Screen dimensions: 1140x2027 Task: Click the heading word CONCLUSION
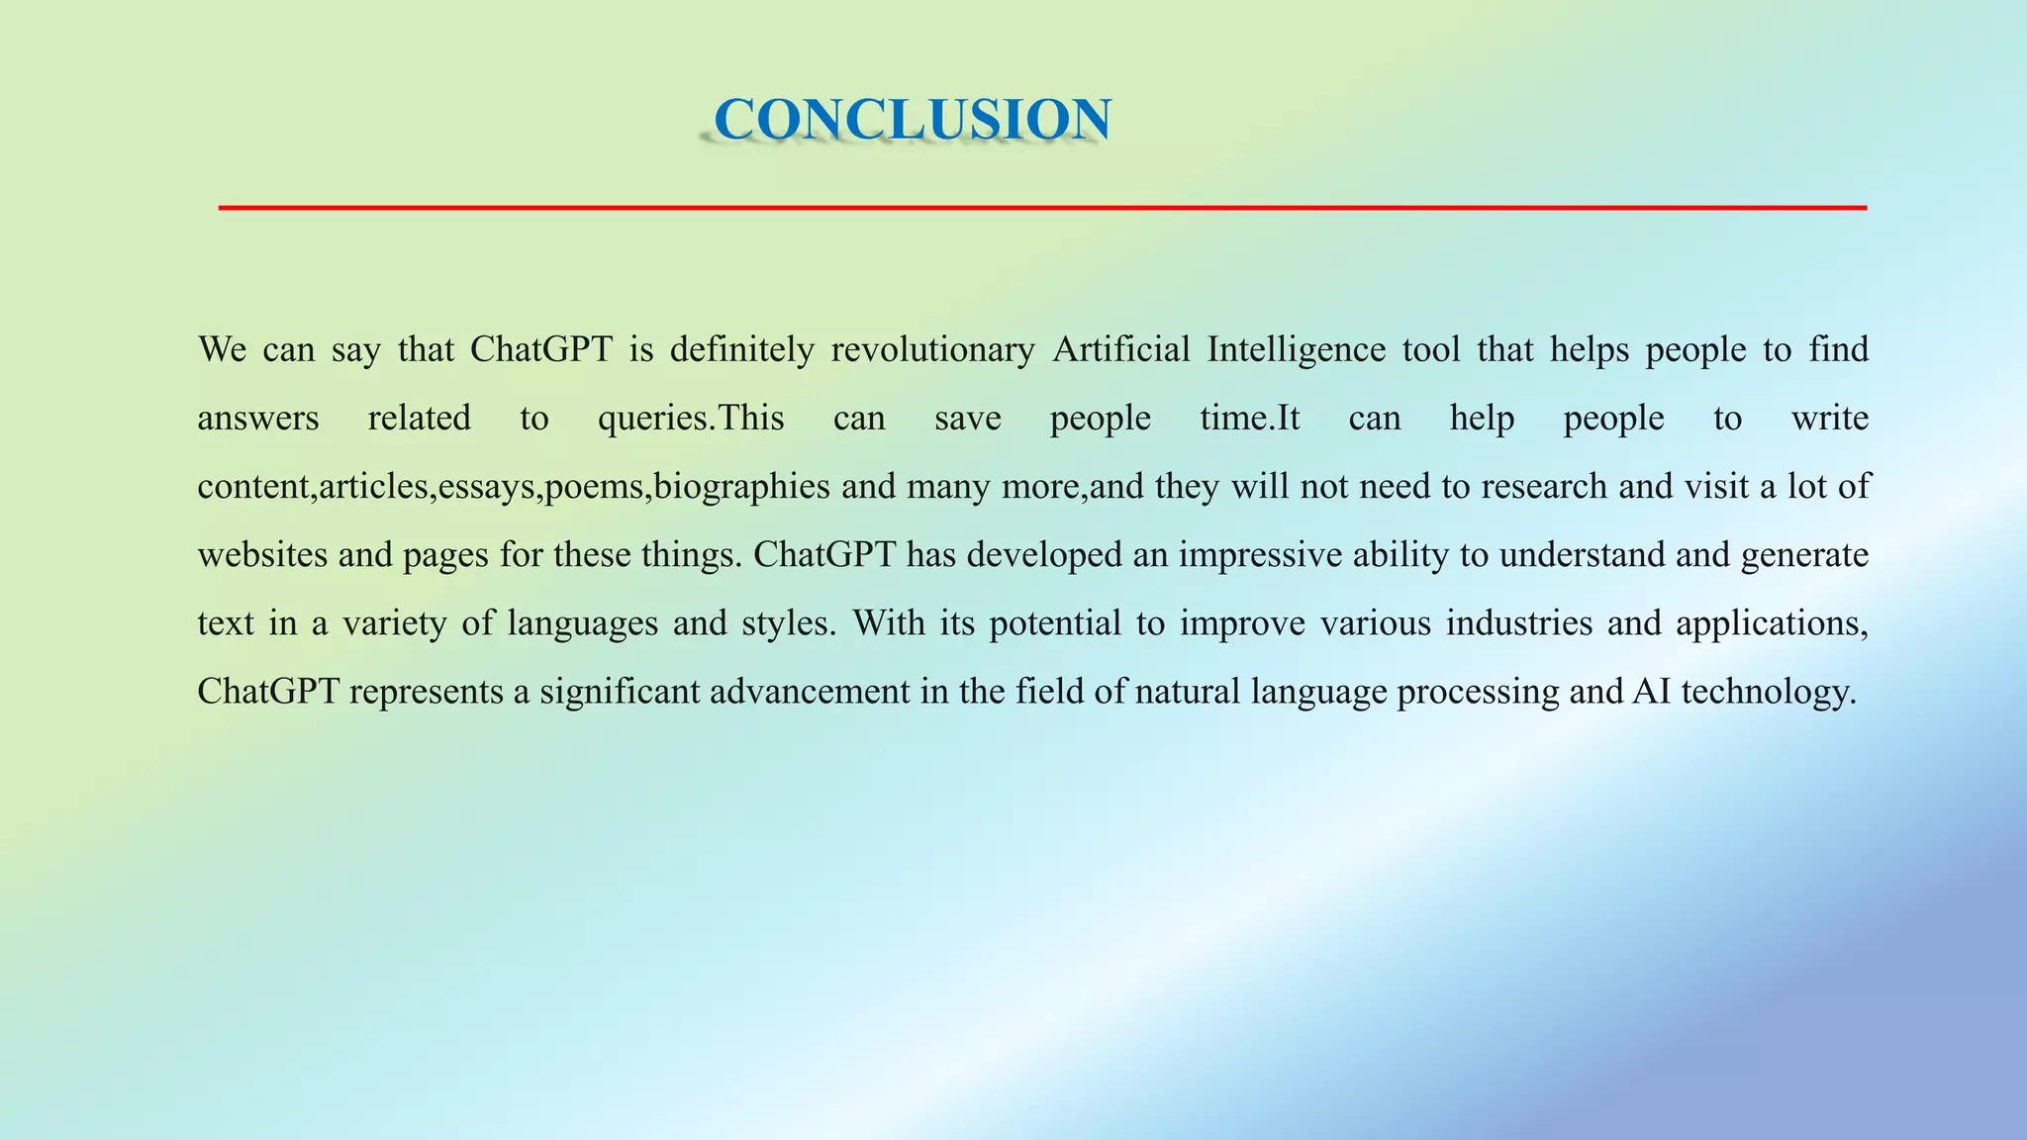pos(912,120)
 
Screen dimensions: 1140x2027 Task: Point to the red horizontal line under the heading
pos(1041,208)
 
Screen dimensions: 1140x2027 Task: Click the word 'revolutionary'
pos(932,350)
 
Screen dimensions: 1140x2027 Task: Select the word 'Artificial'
pos(1120,350)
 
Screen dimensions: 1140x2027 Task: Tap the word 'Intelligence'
pos(1296,350)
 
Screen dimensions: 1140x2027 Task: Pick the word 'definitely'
pos(741,350)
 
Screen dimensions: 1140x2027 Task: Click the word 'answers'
pos(258,419)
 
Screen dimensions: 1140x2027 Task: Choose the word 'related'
pos(420,419)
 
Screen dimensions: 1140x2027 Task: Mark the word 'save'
pos(967,419)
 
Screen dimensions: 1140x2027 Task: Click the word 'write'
pos(1829,419)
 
